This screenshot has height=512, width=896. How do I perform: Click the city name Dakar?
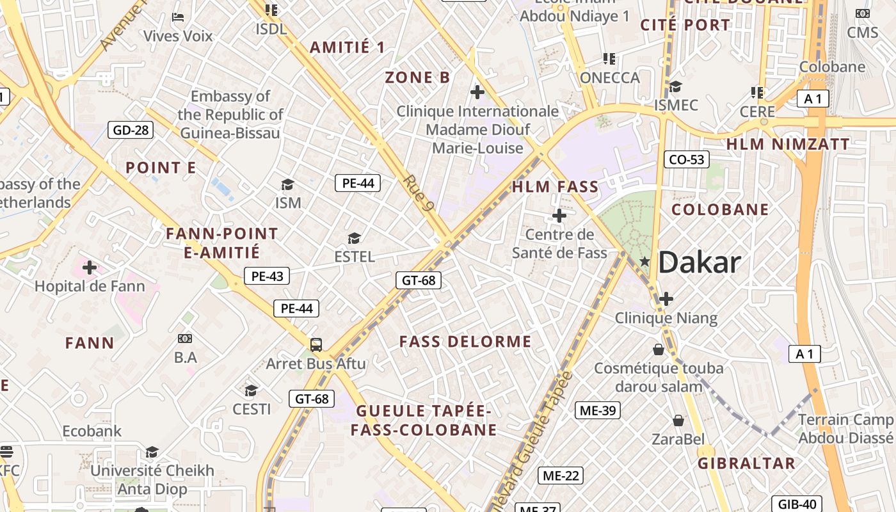pyautogui.click(x=699, y=262)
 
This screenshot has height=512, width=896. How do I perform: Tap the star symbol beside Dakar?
pyautogui.click(x=644, y=262)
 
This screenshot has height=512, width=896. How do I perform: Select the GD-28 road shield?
pyautogui.click(x=131, y=131)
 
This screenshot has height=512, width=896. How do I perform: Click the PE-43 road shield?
pyautogui.click(x=267, y=276)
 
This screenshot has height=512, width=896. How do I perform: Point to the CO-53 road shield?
pyautogui.click(x=687, y=159)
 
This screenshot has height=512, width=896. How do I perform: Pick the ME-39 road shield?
pyautogui.click(x=598, y=410)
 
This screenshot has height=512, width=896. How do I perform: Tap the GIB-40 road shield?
pyautogui.click(x=797, y=504)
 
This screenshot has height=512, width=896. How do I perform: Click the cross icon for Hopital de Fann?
pyautogui.click(x=90, y=267)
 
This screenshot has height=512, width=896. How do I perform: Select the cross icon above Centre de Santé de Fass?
pyautogui.click(x=559, y=216)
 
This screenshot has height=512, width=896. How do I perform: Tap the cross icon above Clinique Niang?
pyautogui.click(x=666, y=299)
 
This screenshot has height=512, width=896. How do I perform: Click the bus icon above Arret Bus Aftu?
pyautogui.click(x=316, y=345)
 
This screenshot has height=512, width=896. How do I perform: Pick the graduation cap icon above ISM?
pyautogui.click(x=287, y=185)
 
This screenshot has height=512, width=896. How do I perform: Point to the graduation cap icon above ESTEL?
pyautogui.click(x=354, y=239)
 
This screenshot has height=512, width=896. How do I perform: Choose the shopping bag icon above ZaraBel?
pyautogui.click(x=678, y=420)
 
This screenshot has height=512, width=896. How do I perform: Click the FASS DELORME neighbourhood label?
pyautogui.click(x=465, y=342)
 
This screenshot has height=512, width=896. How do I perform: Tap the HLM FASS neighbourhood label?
pyautogui.click(x=555, y=188)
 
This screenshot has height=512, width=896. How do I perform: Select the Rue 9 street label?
pyautogui.click(x=420, y=193)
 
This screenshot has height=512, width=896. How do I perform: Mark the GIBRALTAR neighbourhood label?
pyautogui.click(x=746, y=463)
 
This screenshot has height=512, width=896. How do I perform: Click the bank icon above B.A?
pyautogui.click(x=185, y=338)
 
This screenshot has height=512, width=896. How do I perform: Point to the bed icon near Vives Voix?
pyautogui.click(x=178, y=17)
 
